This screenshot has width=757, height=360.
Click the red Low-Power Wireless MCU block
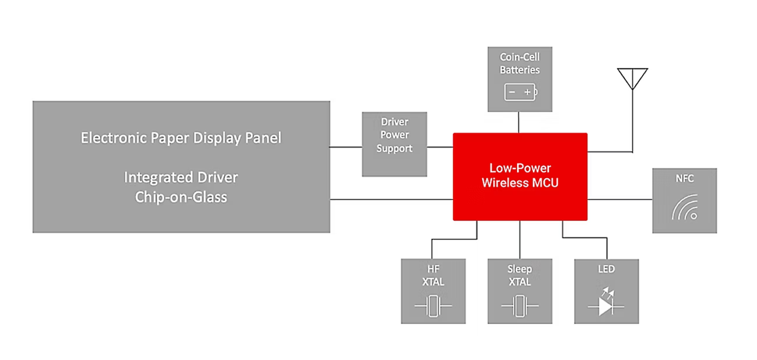(x=520, y=176)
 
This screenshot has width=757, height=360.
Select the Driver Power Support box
(x=395, y=144)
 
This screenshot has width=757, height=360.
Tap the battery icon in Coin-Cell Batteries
(x=520, y=92)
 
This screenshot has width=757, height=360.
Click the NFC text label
(x=684, y=179)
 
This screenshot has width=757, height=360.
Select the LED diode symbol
(x=605, y=305)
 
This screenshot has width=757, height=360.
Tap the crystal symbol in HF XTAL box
(x=433, y=307)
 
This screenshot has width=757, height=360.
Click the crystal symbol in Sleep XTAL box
(x=520, y=307)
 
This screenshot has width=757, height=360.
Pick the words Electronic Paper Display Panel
(x=181, y=138)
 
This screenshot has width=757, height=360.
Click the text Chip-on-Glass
(x=181, y=198)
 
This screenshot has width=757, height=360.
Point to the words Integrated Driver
(x=181, y=177)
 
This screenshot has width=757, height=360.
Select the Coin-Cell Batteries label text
(x=520, y=63)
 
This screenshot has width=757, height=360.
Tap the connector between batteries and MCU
(x=520, y=122)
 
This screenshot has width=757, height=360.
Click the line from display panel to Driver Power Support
(x=346, y=146)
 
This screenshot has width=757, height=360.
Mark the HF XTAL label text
(x=433, y=276)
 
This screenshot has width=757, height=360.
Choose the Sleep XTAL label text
(x=520, y=276)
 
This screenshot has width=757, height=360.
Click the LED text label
(x=605, y=269)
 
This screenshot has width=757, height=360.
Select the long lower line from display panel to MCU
(x=391, y=199)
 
